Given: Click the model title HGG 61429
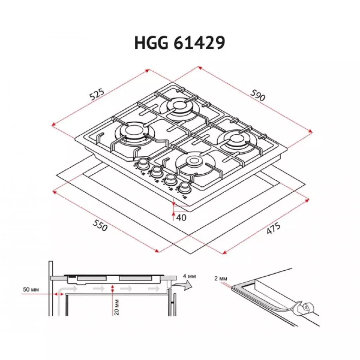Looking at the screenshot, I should [180, 43].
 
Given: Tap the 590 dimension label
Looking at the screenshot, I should [257, 95].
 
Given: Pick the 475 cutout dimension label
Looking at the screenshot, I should [273, 229].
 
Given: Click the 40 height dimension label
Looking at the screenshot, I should [181, 218].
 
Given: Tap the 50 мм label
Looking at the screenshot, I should [31, 289].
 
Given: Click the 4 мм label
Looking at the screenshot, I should [189, 277].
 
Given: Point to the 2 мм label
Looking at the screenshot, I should [220, 279].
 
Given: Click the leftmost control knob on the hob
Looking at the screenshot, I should [143, 163].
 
